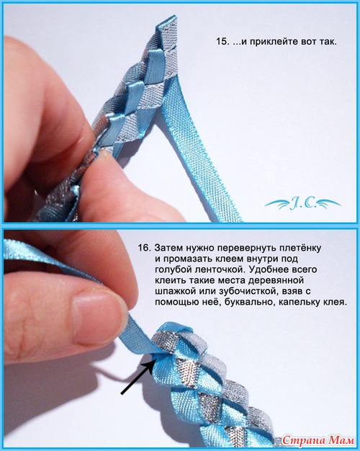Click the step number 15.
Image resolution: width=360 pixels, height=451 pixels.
click(x=222, y=42)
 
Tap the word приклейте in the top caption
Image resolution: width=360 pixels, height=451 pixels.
click(x=274, y=42)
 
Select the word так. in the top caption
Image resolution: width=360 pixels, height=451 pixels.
click(x=328, y=42)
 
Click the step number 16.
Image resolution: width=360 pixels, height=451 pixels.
click(x=144, y=248)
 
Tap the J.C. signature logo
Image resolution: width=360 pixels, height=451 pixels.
click(x=302, y=204)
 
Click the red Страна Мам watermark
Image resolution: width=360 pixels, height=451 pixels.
click(x=318, y=440)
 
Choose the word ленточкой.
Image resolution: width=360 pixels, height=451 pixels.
click(x=220, y=269)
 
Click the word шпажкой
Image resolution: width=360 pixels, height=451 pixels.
click(x=174, y=292)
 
